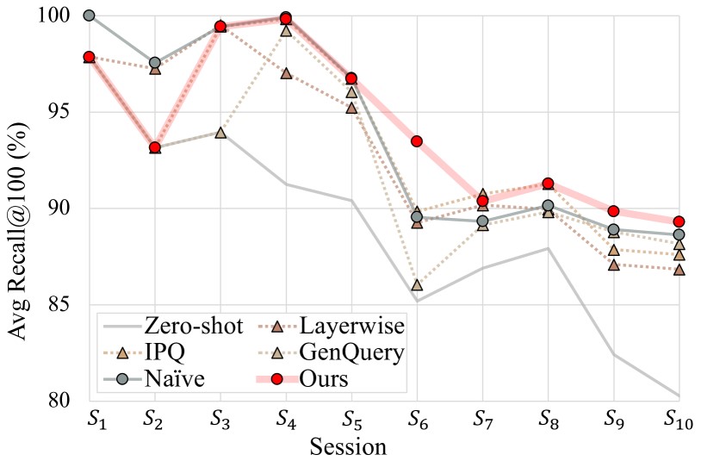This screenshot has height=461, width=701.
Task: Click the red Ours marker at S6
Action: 416,141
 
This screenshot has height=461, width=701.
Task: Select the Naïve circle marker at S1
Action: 89,16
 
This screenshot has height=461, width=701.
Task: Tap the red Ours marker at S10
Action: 679,221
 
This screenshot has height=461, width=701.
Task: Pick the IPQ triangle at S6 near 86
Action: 416,285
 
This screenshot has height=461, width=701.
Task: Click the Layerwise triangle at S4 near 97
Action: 285,73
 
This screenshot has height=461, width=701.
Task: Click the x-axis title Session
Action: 350,446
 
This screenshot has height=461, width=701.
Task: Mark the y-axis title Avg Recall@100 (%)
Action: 19,207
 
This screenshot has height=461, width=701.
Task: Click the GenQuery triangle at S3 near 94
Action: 220,133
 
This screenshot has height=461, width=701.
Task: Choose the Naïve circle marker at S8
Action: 548,206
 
